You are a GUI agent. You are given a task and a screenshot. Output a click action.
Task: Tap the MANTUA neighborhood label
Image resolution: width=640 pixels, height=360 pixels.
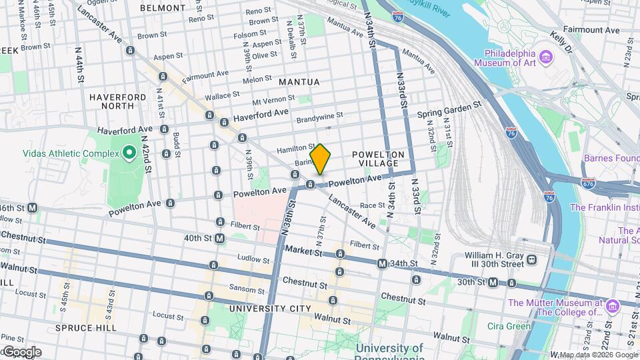[x=299, y=82]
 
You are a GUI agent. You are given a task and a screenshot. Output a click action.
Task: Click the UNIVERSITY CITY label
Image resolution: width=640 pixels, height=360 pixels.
[x=269, y=309]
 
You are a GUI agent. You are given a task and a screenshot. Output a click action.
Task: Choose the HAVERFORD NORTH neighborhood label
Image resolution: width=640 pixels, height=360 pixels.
[x=117, y=101]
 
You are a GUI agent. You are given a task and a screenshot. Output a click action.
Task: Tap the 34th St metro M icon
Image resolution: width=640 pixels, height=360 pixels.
[x=382, y=264]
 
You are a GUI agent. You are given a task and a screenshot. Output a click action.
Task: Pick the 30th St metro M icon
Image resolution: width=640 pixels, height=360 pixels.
[x=493, y=283]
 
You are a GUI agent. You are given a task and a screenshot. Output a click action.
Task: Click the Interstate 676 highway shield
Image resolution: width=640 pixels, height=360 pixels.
[x=588, y=183]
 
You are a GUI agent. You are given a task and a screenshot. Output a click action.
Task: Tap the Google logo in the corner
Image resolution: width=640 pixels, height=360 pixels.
[x=21, y=352]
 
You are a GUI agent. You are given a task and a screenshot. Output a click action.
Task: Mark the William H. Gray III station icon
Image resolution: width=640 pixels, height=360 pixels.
[x=531, y=260]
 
